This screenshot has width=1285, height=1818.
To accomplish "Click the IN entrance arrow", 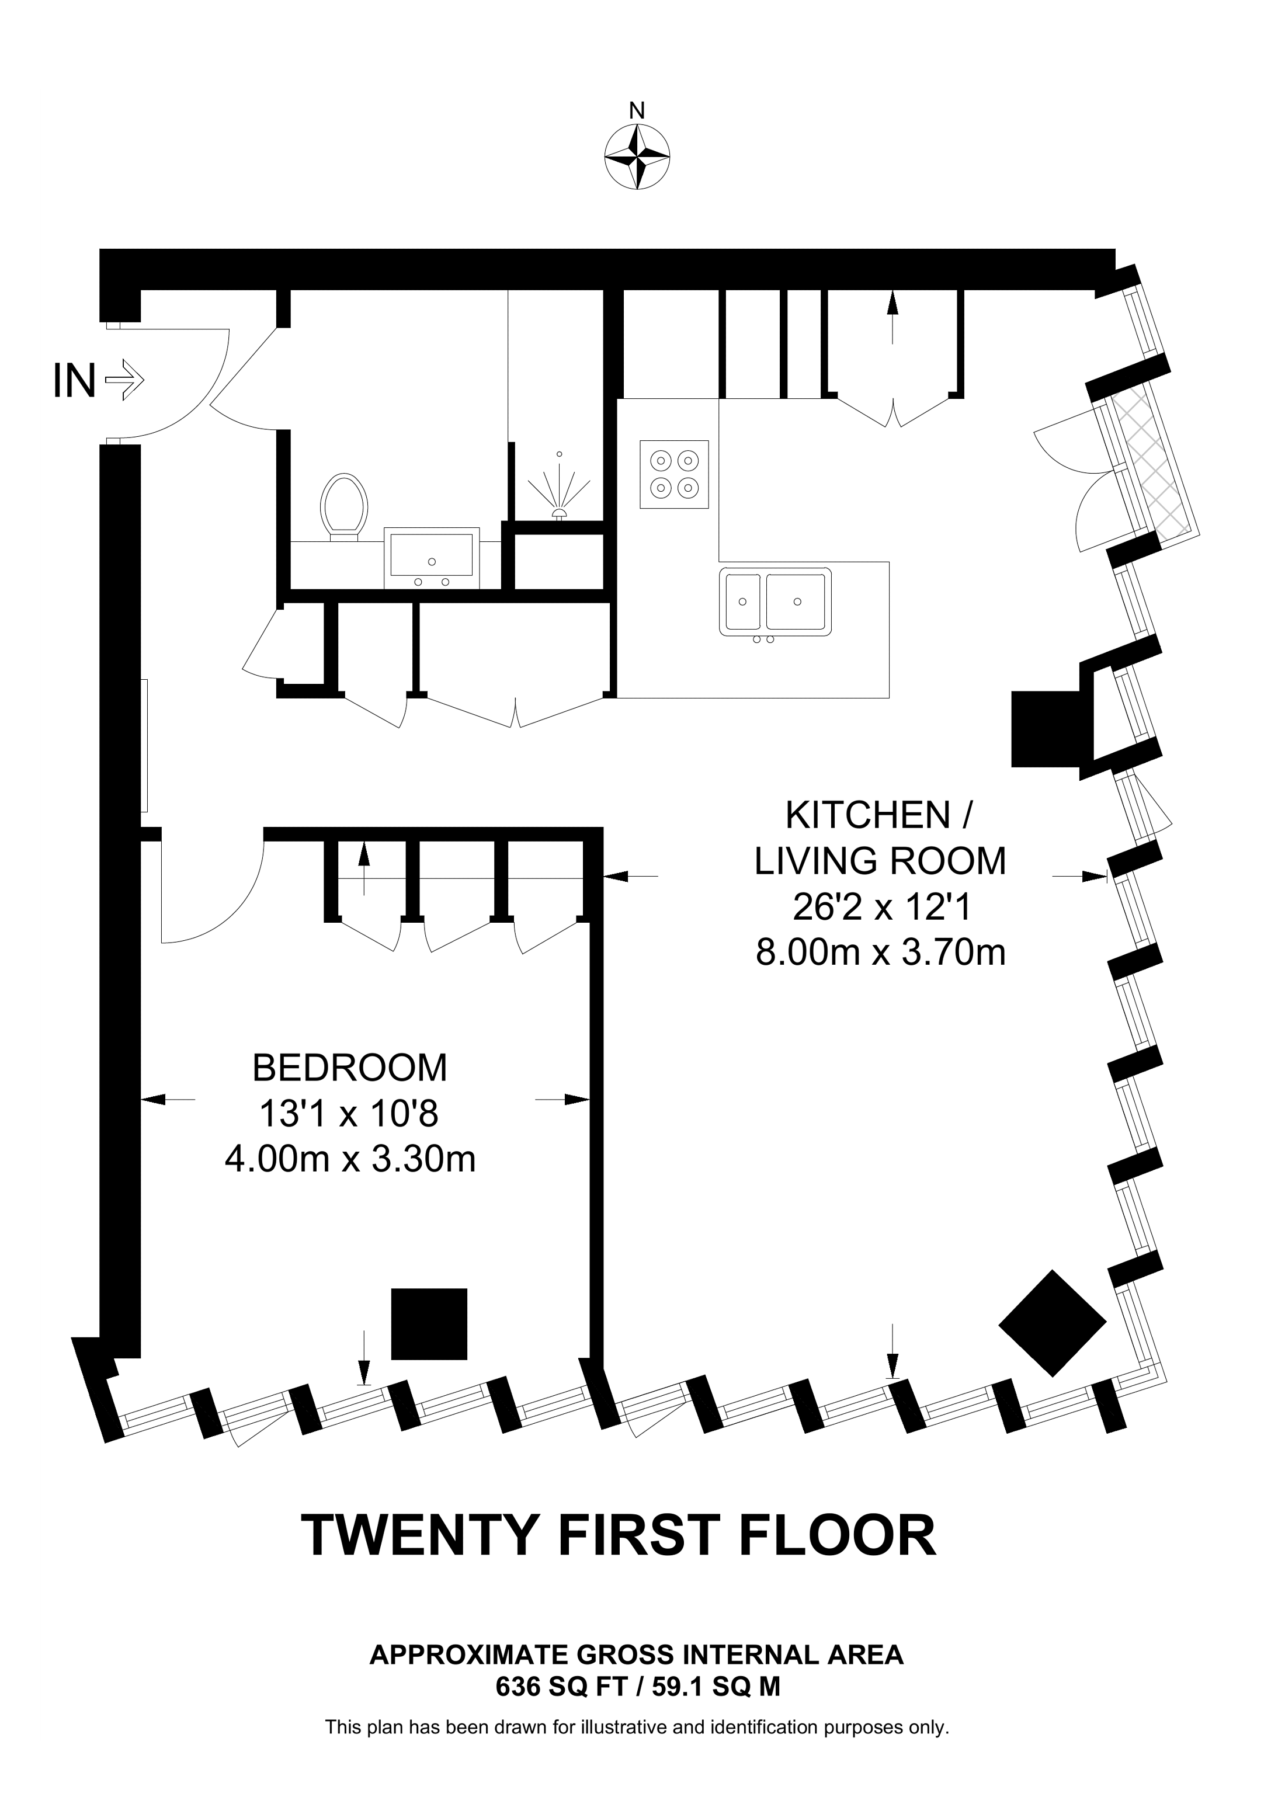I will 124,380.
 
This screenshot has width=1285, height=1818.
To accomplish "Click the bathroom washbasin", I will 432,556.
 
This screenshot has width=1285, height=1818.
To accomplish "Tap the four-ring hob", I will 674,474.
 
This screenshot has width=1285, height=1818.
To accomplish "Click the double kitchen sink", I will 775,602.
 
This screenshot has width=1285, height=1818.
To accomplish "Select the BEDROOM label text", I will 349,1068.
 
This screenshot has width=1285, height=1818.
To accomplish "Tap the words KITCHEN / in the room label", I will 879,816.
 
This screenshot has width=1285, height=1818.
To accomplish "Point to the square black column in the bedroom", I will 429,1324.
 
